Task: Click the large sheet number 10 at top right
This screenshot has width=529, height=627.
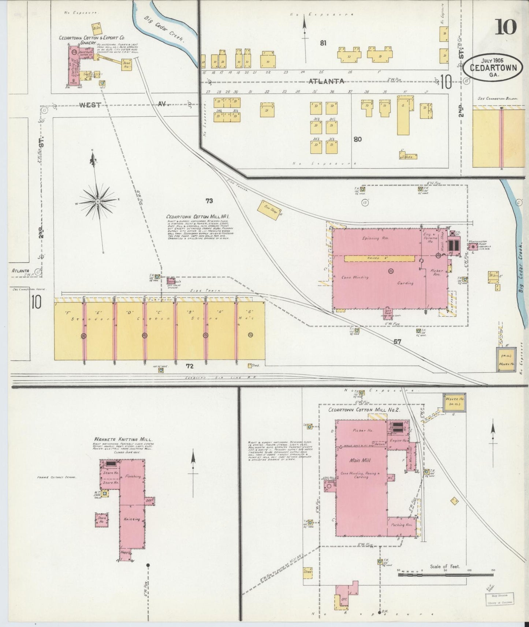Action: [x=506, y=27]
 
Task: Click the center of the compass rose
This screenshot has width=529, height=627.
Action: [x=98, y=202]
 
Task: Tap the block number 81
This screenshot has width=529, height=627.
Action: [x=323, y=43]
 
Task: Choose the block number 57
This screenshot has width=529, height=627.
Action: [x=397, y=342]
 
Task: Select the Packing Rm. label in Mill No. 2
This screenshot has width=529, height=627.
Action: [x=402, y=525]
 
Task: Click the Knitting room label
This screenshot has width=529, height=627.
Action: [x=132, y=519]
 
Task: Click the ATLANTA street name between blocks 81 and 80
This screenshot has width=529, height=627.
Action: [x=326, y=81]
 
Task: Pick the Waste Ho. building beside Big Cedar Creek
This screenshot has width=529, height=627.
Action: [x=506, y=359]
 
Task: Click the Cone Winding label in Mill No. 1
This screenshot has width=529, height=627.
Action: [x=355, y=277]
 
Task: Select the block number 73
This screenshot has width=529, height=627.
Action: [x=209, y=201]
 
